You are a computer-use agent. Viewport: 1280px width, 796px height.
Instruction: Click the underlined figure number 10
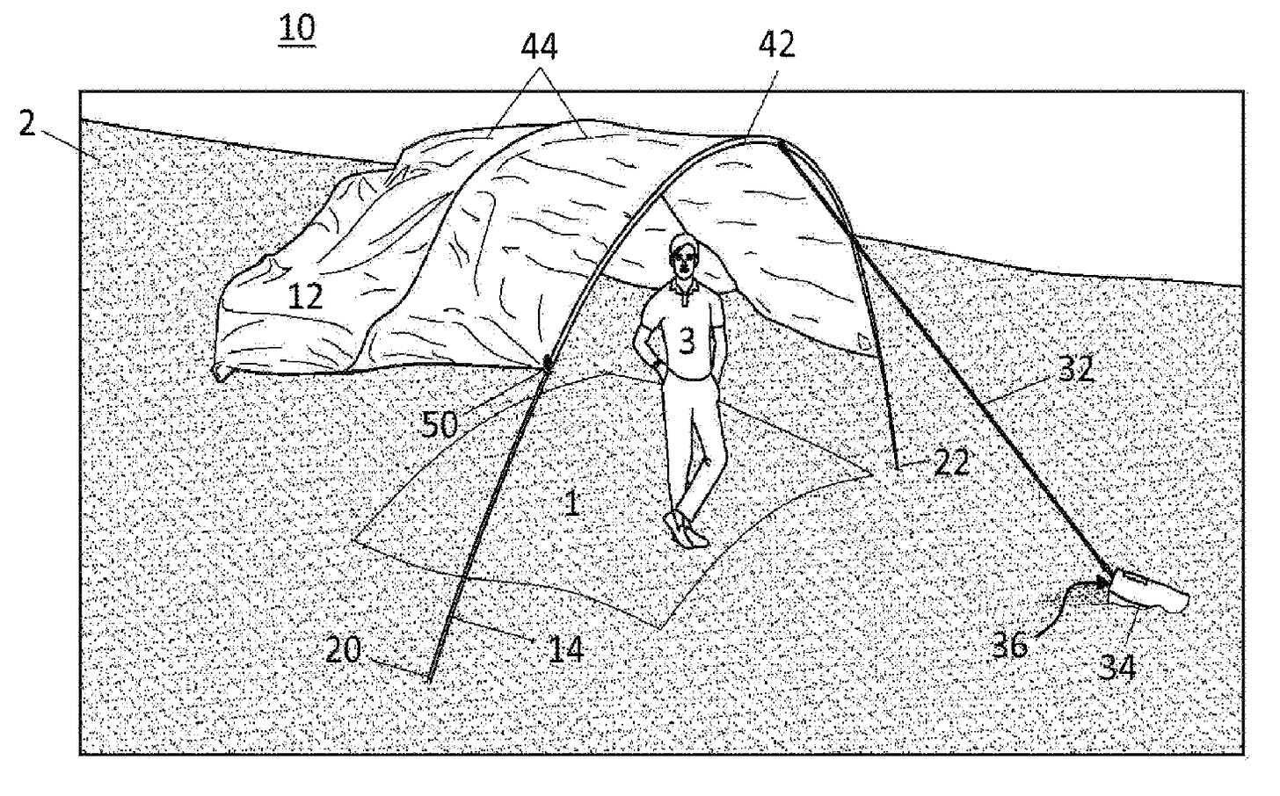296,28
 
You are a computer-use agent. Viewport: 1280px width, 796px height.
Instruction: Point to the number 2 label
27,125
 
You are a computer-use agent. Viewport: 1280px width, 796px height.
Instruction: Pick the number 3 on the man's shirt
687,340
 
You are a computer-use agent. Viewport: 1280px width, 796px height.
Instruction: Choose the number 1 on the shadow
571,503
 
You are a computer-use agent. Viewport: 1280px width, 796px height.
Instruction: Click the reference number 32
1074,369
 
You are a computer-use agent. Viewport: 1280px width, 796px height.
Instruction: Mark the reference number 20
345,651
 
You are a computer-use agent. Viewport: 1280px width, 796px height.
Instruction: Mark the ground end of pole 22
897,467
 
